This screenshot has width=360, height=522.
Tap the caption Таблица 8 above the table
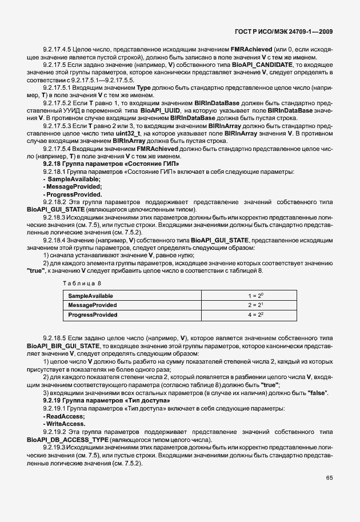[82, 283]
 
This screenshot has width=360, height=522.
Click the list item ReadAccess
[65, 417]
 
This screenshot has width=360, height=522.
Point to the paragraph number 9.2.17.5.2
[57, 102]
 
